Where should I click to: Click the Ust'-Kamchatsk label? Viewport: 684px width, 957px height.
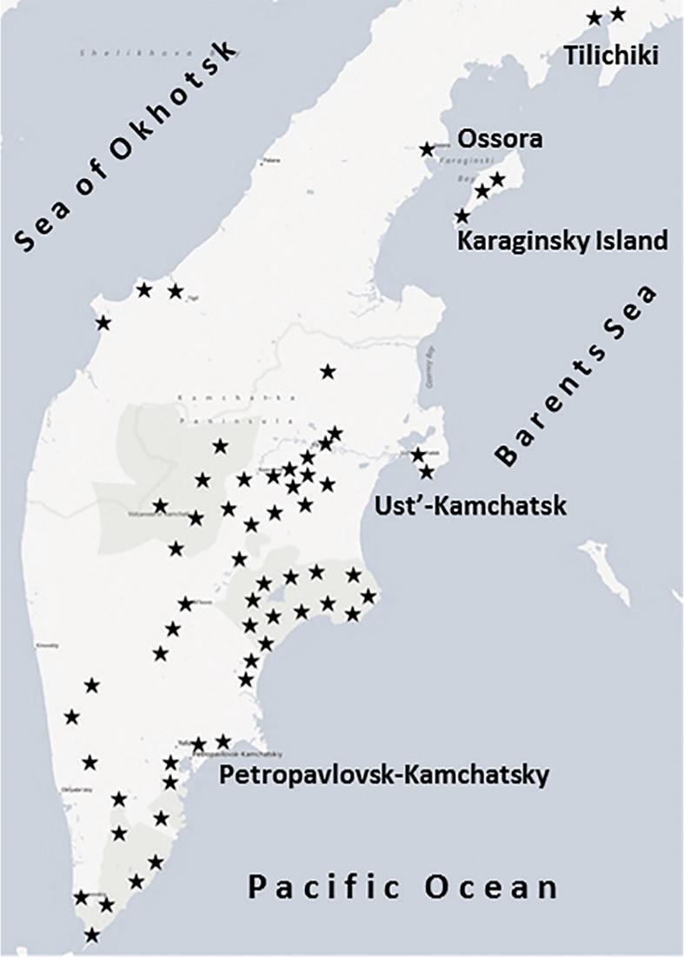(468, 505)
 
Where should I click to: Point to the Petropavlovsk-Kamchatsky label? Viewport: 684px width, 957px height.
(383, 774)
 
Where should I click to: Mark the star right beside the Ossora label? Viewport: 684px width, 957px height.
(427, 150)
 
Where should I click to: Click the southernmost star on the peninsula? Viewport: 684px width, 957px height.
(92, 935)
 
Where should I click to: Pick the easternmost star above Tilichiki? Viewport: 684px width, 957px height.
(618, 14)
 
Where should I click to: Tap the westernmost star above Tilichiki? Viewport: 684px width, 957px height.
(594, 17)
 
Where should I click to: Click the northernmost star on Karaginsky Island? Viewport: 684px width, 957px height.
(497, 179)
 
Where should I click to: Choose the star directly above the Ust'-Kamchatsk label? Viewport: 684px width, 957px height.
(426, 472)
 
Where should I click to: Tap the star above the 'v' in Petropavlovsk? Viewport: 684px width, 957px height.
(223, 741)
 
